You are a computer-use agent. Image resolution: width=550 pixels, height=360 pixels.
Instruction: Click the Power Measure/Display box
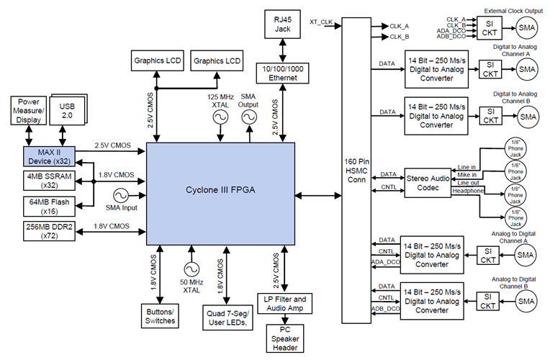point(28,112)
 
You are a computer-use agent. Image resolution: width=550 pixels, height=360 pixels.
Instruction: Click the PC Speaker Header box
point(286,339)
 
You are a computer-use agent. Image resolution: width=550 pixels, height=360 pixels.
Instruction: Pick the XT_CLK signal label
point(323,21)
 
